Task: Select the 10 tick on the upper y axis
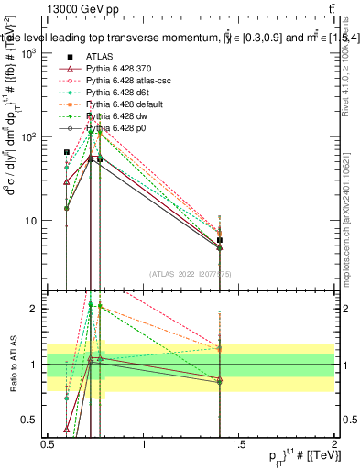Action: point(29,221)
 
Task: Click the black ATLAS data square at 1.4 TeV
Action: point(219,240)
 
